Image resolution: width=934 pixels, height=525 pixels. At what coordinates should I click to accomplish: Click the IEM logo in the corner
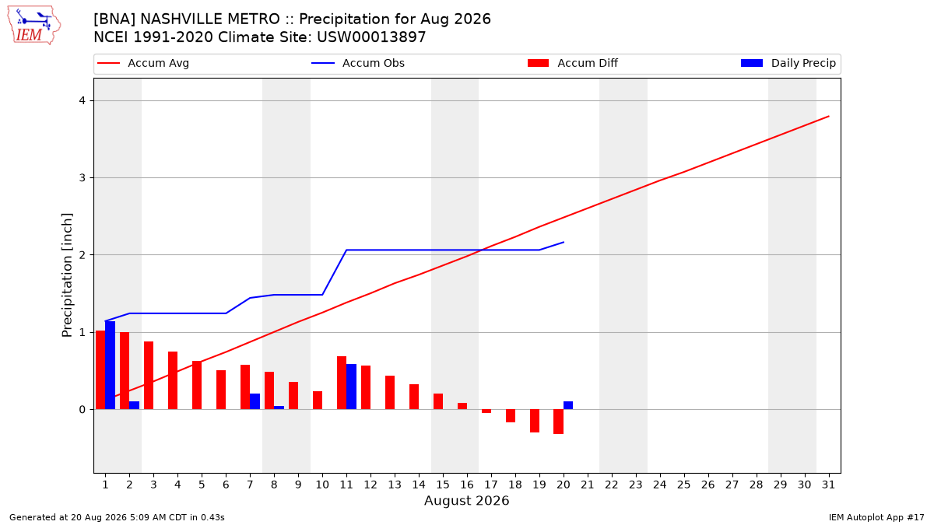point(33,26)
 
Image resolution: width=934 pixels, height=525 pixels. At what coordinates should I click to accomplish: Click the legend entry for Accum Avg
point(143,63)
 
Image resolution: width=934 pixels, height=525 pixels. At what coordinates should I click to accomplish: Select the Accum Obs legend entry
point(358,63)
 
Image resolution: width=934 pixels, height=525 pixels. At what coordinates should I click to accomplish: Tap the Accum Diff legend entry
point(573,63)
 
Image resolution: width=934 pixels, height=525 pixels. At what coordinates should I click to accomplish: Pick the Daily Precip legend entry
point(788,63)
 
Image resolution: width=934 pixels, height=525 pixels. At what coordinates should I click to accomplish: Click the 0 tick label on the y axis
point(83,410)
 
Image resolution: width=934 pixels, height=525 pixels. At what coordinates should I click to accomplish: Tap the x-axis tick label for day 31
point(828,485)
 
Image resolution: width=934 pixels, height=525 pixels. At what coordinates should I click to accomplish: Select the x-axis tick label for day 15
point(443,485)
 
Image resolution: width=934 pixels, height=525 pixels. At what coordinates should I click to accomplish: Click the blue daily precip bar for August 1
point(110,365)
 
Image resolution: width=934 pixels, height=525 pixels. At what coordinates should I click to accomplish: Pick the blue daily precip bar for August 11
point(352,387)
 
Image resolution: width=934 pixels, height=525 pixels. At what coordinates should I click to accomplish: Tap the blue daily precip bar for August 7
point(255,401)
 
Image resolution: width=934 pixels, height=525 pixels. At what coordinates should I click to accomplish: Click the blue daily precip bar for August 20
point(568,405)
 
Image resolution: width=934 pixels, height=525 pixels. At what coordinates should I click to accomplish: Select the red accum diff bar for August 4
point(173,380)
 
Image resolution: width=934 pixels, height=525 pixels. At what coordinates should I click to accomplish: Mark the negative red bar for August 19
point(535,421)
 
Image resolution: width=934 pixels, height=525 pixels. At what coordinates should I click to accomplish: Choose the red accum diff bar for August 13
point(390,393)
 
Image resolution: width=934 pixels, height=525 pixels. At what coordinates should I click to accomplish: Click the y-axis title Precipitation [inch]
point(67,275)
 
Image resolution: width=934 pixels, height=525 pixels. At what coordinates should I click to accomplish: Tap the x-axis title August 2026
point(466,500)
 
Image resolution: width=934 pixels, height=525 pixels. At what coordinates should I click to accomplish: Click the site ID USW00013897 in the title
point(371,37)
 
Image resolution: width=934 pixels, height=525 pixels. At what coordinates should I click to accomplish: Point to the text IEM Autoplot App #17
point(876,517)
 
